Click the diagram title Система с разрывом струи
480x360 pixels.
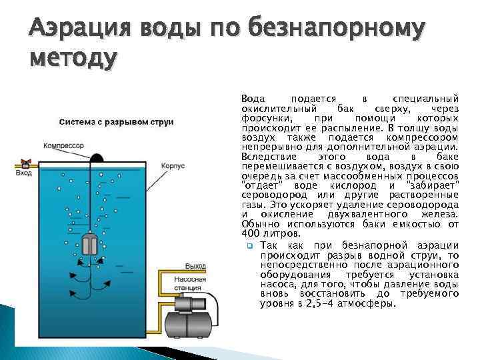click(117, 122)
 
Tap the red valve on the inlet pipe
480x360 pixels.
click(25, 162)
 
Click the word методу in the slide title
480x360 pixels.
click(73, 59)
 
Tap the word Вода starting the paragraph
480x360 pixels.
click(253, 98)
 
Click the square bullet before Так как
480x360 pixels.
click(249, 246)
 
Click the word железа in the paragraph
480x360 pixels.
click(438, 215)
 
